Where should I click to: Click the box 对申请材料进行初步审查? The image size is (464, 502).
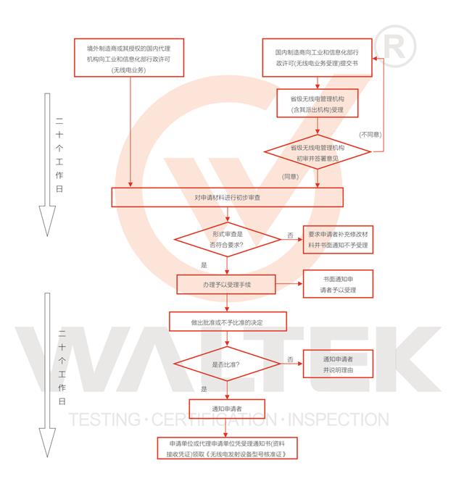pos(228,197)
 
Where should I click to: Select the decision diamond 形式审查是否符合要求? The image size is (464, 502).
pos(228,240)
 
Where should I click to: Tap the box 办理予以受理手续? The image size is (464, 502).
pos(228,284)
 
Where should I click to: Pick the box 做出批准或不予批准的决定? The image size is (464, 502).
pos(228,321)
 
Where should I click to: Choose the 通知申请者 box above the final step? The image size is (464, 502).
pos(228,409)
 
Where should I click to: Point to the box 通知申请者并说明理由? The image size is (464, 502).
pos(338,364)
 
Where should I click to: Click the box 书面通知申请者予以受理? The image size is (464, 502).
pos(338,284)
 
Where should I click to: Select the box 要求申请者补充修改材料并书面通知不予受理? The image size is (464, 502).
pos(338,240)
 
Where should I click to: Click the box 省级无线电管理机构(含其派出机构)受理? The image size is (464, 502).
pos(317,104)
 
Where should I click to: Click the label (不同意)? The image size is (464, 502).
pos(370,135)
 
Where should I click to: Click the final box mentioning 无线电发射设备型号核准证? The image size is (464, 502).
pos(228,447)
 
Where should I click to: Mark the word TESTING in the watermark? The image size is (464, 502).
pos(101,419)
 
